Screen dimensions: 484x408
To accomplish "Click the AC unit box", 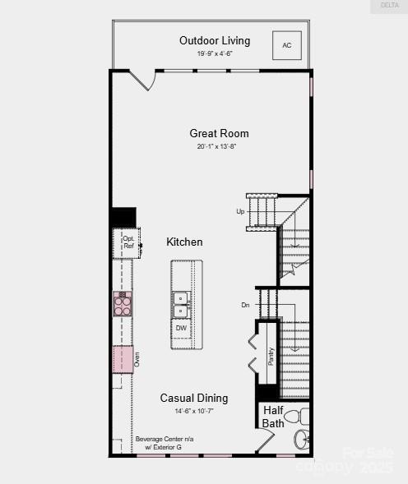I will click(287, 46).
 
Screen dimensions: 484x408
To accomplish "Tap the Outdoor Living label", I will click(215, 41).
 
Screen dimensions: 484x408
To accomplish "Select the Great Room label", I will click(219, 133).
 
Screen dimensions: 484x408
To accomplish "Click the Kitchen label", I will click(184, 242).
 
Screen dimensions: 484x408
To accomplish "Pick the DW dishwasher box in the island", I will click(181, 327).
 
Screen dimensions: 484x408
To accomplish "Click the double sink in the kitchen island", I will click(181, 304).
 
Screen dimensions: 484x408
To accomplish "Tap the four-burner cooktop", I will click(123, 305).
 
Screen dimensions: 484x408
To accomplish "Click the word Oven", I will click(137, 359).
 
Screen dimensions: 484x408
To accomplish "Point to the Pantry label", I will click(271, 356).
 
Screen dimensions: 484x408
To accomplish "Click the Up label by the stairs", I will click(240, 211).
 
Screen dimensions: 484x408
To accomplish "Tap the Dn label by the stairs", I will click(245, 305).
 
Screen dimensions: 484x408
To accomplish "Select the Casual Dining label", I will click(194, 398).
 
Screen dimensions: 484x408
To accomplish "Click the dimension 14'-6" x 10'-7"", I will click(194, 411).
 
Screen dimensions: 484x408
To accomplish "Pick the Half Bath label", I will click(273, 417).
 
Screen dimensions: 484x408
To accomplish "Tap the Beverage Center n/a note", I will click(165, 439).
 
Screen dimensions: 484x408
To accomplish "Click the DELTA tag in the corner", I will click(388, 6).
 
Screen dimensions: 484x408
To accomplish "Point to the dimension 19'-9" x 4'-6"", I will click(215, 54).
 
